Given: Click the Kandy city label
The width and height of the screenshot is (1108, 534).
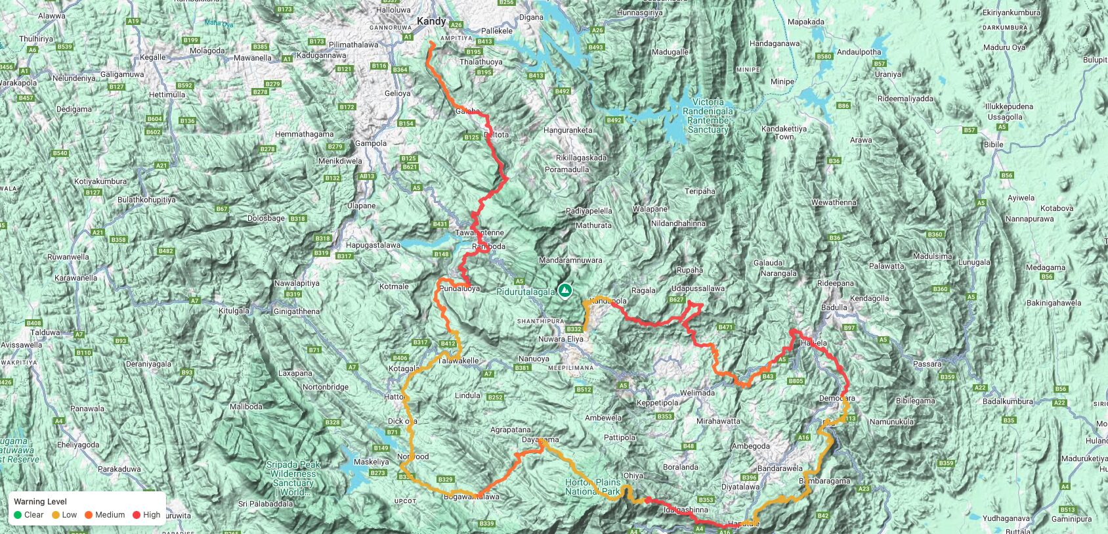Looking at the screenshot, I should (431, 21).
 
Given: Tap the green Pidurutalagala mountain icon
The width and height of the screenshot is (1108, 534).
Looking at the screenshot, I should (565, 290).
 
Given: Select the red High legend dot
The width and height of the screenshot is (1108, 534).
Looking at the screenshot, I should (137, 515).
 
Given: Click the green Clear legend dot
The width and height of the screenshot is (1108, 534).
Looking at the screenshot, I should (18, 515).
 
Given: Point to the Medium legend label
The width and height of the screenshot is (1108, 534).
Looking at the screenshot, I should (110, 515).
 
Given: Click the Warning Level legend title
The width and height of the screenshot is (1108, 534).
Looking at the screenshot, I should (40, 501).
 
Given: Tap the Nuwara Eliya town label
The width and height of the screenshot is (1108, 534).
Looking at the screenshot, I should (561, 339).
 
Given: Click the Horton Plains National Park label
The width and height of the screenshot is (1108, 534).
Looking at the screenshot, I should (592, 487).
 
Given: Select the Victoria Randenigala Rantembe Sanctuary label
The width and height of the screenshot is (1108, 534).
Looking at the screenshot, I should (708, 116).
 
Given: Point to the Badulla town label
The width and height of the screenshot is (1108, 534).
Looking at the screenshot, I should (834, 307).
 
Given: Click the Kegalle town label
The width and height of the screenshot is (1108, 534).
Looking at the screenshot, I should (153, 57).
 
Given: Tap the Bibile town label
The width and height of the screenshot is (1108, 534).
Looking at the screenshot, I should (993, 145).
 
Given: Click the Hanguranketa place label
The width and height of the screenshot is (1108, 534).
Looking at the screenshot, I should (567, 130).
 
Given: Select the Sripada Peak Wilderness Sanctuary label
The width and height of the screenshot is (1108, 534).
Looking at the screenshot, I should (293, 478).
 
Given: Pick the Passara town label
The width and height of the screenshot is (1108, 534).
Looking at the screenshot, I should (927, 363).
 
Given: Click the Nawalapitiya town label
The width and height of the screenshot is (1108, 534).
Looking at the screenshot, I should (297, 283).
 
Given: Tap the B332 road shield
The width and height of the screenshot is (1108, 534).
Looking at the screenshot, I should (574, 329).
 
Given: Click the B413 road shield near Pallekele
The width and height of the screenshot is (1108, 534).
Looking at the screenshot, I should (484, 41).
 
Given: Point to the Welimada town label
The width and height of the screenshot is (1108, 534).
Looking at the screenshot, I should (697, 393).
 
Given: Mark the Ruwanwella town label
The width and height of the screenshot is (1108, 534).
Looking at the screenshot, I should (68, 257).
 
